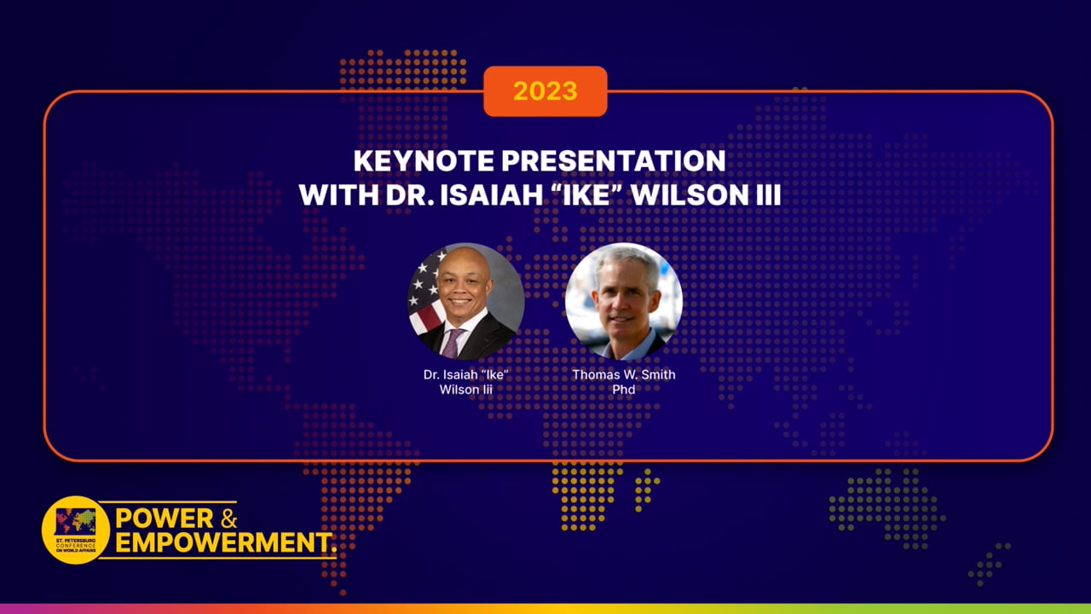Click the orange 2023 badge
click(545, 91)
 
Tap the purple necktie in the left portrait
click(453, 342)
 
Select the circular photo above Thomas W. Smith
click(623, 301)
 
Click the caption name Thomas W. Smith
click(623, 375)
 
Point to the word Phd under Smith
click(623, 390)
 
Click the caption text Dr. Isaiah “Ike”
click(465, 375)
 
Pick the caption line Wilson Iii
click(465, 390)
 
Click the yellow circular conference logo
click(76, 530)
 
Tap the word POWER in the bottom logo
click(165, 518)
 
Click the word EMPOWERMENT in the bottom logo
click(223, 542)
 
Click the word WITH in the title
click(332, 194)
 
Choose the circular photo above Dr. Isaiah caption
click(465, 301)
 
